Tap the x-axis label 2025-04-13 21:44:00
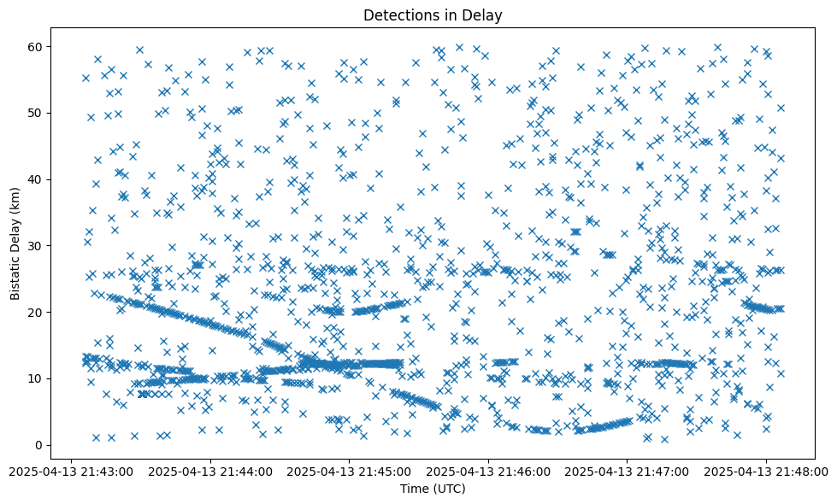(x=210, y=470)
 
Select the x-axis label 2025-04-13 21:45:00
(x=350, y=470)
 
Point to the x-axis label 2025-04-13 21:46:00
(x=489, y=470)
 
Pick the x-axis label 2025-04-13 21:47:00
(x=628, y=470)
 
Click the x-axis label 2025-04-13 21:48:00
(x=767, y=470)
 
